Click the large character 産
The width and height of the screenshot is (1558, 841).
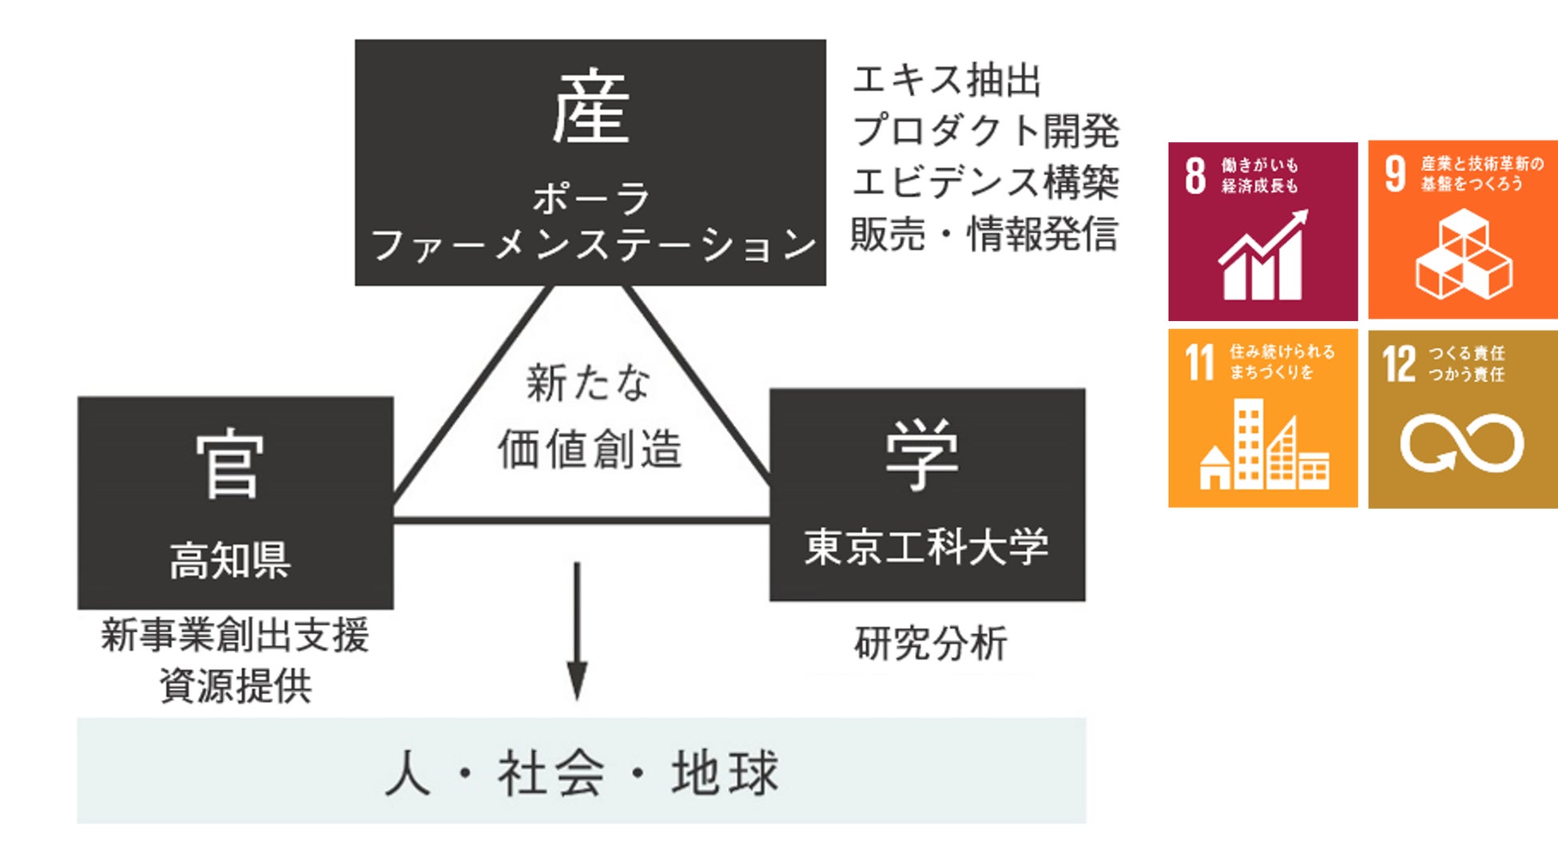[x=590, y=107]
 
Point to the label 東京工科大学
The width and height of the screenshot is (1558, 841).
[x=926, y=547]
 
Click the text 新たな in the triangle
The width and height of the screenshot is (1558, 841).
[x=588, y=383]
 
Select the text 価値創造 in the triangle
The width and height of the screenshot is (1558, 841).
[x=590, y=449]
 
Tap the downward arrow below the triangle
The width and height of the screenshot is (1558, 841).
[x=577, y=631]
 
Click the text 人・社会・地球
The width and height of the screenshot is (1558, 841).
[x=582, y=772]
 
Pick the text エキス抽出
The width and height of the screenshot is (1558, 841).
[x=948, y=81]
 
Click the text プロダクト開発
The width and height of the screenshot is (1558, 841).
[x=986, y=131]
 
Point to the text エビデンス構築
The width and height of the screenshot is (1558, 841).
[x=986, y=182]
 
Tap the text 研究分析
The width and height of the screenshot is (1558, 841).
[x=931, y=643]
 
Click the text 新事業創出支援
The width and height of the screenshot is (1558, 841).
[x=235, y=636]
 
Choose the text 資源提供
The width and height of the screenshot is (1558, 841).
[x=236, y=685]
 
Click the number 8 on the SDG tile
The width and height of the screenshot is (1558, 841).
[x=1195, y=176]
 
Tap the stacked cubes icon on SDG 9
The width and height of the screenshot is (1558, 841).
[x=1464, y=254]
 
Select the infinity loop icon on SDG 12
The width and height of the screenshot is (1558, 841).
[x=1462, y=443]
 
